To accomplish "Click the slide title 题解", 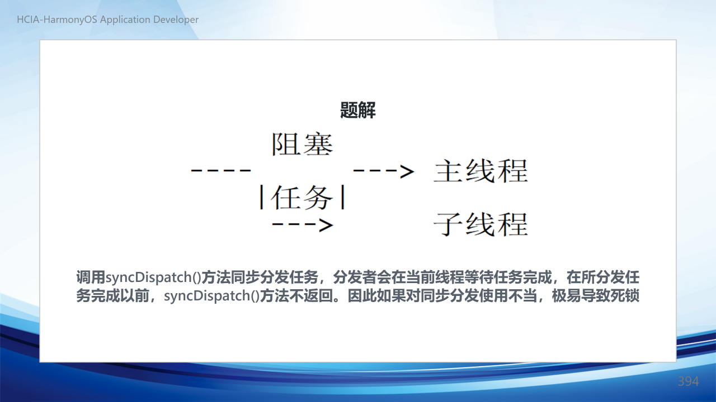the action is [x=357, y=110].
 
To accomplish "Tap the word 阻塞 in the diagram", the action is [x=303, y=145].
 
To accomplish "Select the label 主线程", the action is [x=481, y=171].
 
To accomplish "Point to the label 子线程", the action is [x=481, y=225].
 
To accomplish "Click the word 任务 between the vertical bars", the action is [x=302, y=198].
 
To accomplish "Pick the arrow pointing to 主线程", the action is [x=384, y=171].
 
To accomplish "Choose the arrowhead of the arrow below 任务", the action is [x=326, y=225].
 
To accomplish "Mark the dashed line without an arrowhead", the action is [x=221, y=171].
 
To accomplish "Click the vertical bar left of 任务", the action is [x=262, y=198].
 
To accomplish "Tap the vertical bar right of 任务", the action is [x=343, y=197].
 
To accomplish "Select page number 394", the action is [x=688, y=381].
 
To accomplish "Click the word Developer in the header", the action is [x=176, y=20].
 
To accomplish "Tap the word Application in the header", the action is [x=125, y=20].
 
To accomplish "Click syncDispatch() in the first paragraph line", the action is [x=153, y=277].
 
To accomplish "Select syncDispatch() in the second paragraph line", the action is [x=211, y=296].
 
